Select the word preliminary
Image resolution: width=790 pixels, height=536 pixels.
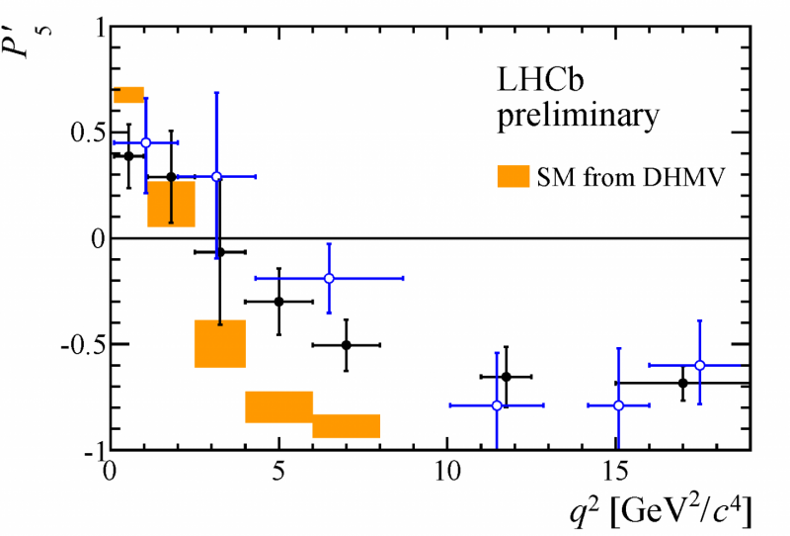coord(577,117)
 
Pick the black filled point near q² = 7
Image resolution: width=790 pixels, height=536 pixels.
coord(346,345)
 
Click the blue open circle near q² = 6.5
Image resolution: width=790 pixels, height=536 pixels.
coord(329,278)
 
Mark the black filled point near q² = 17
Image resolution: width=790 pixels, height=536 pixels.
coord(682,383)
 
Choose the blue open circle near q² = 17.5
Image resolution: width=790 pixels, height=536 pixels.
coord(699,365)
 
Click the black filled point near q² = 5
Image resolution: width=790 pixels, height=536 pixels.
coord(278,302)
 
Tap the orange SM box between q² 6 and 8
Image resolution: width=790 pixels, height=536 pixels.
coord(346,426)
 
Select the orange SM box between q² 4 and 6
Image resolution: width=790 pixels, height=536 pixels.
coord(278,406)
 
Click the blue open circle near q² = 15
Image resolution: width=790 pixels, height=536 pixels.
coord(618,405)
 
